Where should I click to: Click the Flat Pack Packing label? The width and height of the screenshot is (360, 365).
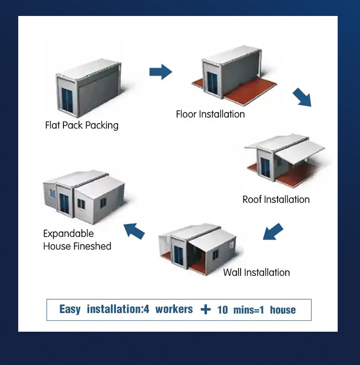(82, 125)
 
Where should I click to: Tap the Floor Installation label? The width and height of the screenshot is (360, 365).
(210, 114)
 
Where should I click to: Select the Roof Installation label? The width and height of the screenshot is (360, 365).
(276, 199)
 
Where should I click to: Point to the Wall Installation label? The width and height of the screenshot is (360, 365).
(256, 272)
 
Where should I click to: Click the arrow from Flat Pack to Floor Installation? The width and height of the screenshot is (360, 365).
(160, 72)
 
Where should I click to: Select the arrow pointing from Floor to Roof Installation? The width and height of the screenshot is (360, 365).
(302, 97)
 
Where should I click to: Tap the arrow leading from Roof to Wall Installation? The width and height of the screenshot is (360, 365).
(273, 231)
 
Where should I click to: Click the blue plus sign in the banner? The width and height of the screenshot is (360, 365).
(206, 310)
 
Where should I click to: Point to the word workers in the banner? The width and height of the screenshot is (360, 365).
(174, 309)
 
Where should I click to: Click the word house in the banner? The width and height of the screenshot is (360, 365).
(283, 310)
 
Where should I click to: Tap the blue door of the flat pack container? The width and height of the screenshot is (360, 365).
(67, 100)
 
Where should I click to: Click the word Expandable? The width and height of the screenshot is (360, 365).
(68, 234)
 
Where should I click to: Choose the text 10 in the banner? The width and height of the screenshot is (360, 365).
(222, 310)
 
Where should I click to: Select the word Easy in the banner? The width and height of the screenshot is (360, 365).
(70, 309)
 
